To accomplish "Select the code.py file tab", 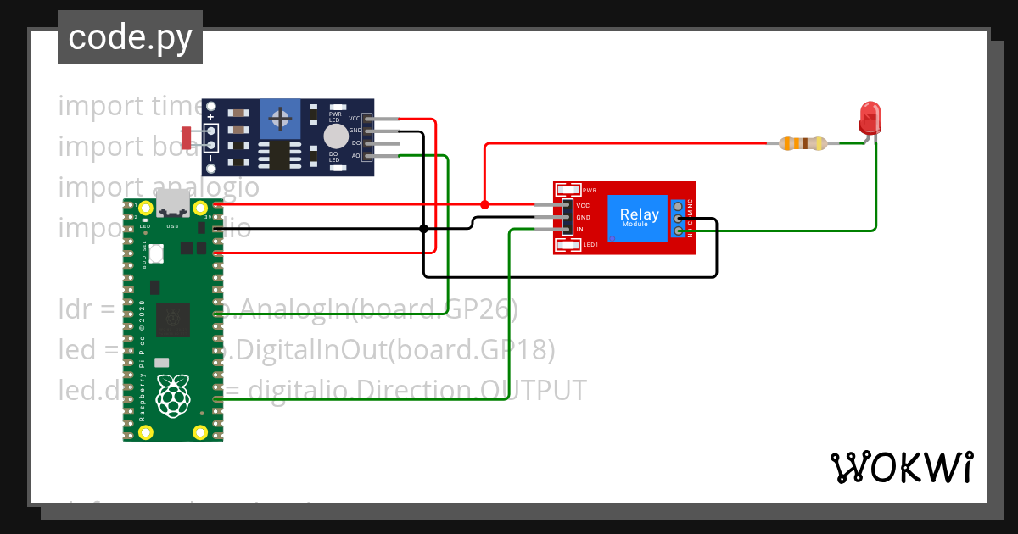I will click(130, 37).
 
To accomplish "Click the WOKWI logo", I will click(901, 467).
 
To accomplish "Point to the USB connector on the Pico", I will click(173, 203).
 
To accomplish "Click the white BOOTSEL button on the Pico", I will click(157, 253).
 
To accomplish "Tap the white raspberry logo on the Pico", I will click(173, 396).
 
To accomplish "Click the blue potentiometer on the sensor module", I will click(277, 118).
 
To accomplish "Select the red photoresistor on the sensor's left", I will click(187, 136).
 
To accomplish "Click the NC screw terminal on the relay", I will click(679, 206).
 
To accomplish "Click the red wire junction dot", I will click(484, 204).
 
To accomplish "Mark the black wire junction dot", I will click(423, 229).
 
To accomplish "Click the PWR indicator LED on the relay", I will click(568, 191).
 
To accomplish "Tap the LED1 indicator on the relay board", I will click(568, 245).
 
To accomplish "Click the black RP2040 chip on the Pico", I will click(173, 318).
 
